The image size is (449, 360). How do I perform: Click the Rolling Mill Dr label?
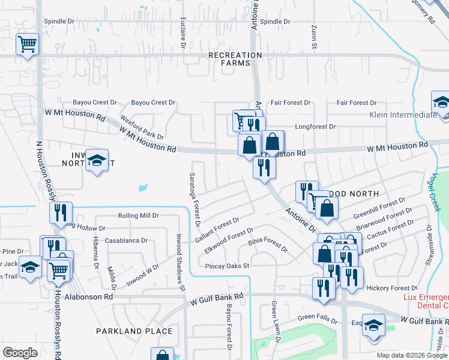tap(138, 215)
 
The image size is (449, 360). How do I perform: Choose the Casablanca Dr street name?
tap(126, 241)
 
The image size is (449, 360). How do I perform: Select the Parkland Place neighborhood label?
tap(134, 331)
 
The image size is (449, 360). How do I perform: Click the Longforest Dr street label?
tap(315, 127)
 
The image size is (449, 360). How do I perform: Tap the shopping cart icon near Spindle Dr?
tap(28, 44)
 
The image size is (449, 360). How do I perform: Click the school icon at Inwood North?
tap(97, 160)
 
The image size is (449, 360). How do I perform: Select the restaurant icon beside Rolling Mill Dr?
tap(61, 213)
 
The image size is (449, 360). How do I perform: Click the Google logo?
tap(20, 353)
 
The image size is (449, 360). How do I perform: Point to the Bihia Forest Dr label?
tap(268, 244)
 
